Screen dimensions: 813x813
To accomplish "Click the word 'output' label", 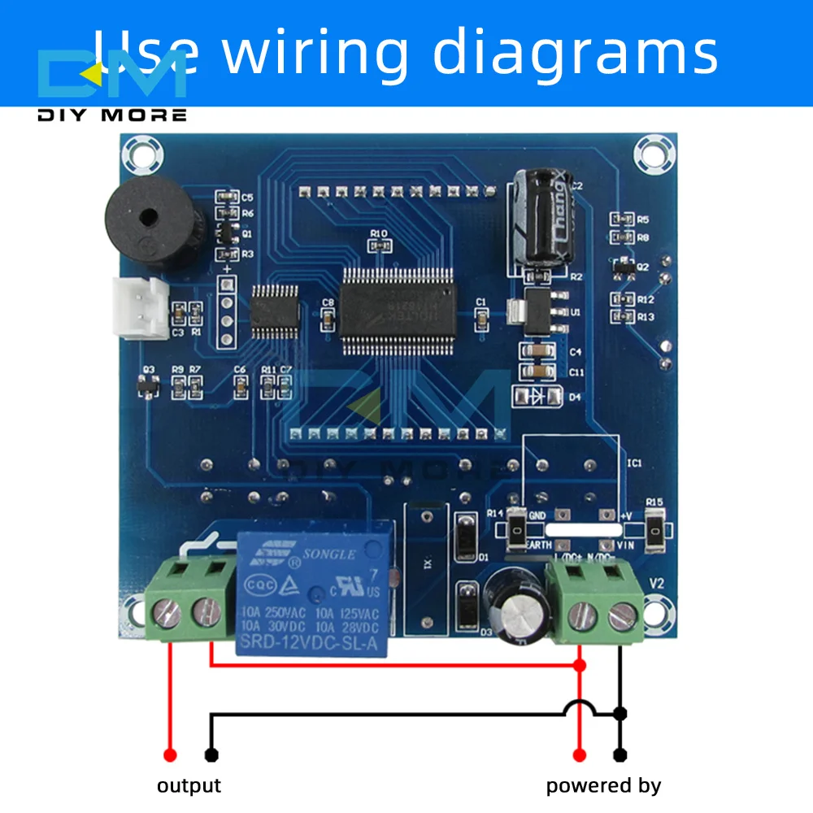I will [189, 785].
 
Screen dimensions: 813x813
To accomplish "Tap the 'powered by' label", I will [603, 785].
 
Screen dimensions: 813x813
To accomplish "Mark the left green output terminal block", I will [185, 600].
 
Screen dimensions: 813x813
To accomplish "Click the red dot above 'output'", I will [171, 754].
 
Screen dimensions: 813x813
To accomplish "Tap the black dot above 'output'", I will [211, 754].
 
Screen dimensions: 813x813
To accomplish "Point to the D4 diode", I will [537, 397].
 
